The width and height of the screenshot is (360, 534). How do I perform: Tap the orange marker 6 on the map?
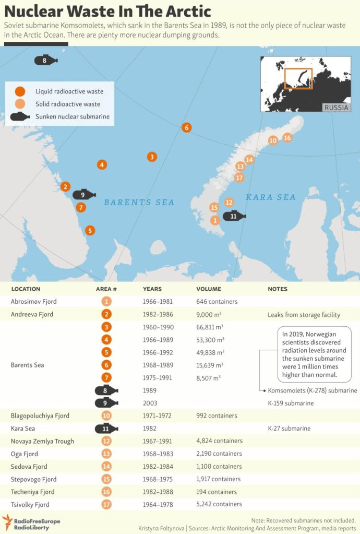[x=186, y=127]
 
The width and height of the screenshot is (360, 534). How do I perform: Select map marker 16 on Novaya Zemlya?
[x=287, y=138]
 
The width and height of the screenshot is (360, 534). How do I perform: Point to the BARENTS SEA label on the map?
[x=139, y=203]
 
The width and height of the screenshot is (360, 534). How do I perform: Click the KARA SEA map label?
[x=270, y=197]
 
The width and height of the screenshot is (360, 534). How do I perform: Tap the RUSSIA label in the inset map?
[x=336, y=108]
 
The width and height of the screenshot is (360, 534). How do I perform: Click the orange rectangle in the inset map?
[x=298, y=78]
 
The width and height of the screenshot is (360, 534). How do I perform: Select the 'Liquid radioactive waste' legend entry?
[x=69, y=91]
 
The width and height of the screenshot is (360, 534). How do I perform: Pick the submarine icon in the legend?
[x=20, y=116]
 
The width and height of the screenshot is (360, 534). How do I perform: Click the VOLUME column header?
[x=209, y=289]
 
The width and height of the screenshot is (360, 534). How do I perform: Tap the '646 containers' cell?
[x=217, y=302]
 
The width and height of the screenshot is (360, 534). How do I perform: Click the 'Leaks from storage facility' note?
[x=304, y=315]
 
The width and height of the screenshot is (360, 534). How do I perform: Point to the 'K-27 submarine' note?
[x=289, y=429]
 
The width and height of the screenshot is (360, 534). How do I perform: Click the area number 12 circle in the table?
[x=106, y=441]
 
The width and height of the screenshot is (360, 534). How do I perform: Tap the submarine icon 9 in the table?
[x=106, y=403]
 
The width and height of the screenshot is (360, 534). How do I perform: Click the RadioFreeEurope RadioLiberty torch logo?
[x=7, y=520]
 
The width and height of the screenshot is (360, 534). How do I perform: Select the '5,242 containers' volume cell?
[x=219, y=504]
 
